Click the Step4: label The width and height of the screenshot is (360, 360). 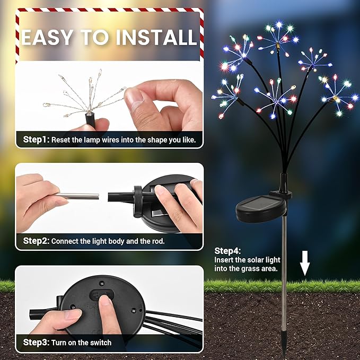(227, 250)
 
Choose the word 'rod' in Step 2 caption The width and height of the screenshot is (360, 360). (159, 241)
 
